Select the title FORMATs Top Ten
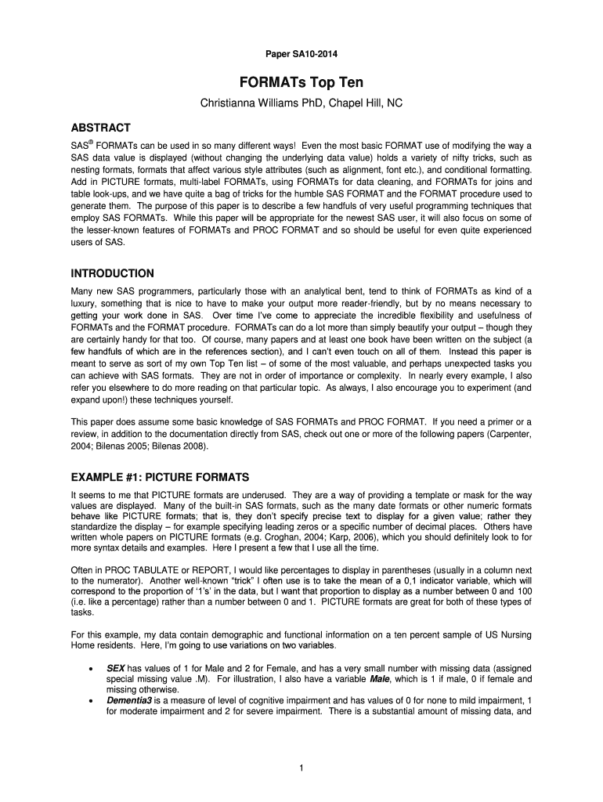click(301, 82)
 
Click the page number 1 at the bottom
click(301, 768)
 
